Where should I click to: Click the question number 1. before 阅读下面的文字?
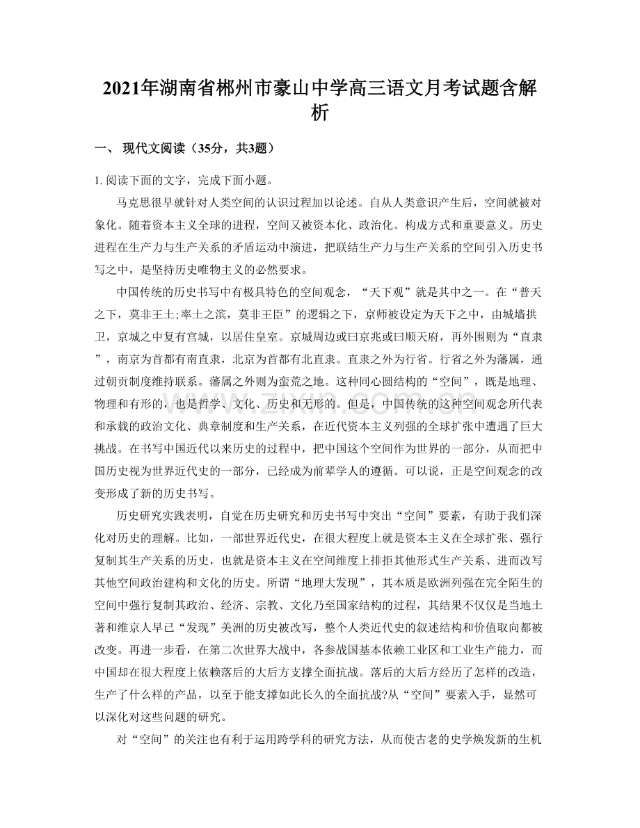point(99,179)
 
